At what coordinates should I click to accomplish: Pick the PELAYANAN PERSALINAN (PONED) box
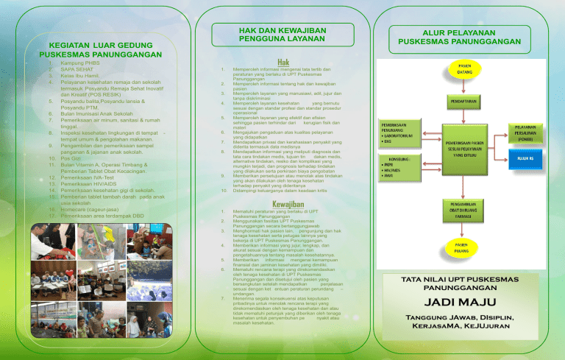[x=525, y=133]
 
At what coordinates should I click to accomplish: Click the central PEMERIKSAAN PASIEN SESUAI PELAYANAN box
[x=463, y=151]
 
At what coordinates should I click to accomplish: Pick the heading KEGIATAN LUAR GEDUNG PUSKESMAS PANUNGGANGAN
[x=101, y=49]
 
